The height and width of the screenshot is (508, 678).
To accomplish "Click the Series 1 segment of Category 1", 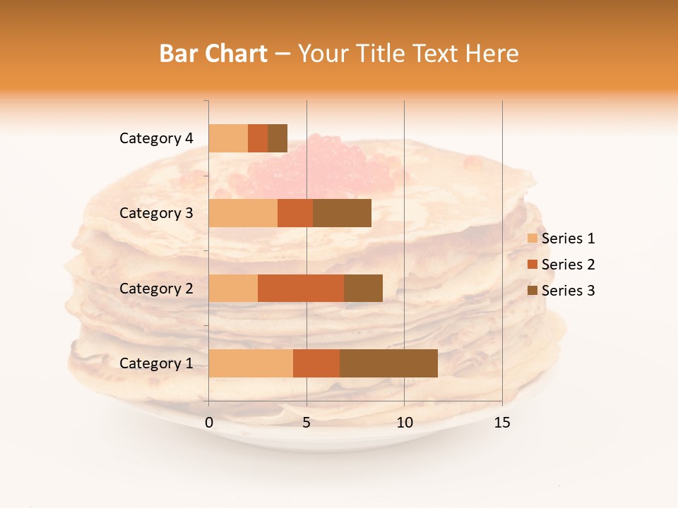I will pos(251,363).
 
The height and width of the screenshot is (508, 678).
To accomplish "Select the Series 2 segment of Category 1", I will pos(316,363).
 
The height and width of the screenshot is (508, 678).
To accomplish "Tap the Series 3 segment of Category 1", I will pos(388,363).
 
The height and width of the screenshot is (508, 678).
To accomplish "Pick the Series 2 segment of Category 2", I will pos(301,288).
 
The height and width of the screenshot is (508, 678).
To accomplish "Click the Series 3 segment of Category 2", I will pos(363,288).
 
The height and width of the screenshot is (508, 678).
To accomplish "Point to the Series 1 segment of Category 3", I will pos(243,213).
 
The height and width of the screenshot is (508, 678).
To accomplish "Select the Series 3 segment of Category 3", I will pos(342,213).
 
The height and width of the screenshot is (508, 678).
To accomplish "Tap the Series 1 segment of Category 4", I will pos(228,138).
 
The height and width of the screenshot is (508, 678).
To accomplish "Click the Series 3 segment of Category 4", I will pos(278,138).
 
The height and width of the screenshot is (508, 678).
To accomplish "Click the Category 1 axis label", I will pos(156,363).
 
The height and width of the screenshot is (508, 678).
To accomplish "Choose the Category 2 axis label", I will pos(156,288).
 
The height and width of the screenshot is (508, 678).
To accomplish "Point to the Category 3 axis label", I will pos(156,213).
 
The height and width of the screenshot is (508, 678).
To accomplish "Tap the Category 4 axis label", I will pos(156,138).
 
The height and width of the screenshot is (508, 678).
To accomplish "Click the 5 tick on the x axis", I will pos(307,423).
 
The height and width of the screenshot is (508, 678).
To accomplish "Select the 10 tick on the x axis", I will pos(404,423).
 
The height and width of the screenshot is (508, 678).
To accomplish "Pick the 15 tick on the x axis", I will pos(501,423).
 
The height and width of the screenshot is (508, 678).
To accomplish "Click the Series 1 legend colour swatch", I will pos(532,238).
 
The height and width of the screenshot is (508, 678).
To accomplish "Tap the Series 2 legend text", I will pos(568,265).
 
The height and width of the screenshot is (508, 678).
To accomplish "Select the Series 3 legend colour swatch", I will pos(532,291).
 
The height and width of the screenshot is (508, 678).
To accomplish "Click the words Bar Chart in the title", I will pos(213,54).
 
